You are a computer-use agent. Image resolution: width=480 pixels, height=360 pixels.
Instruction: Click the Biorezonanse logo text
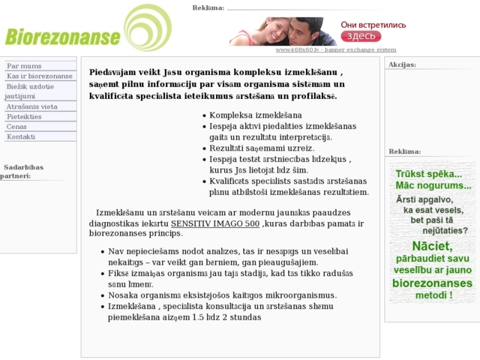[62, 37]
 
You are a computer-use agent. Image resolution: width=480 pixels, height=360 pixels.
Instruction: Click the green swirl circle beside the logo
[147, 27]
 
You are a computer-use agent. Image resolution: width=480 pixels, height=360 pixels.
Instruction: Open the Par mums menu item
[24, 66]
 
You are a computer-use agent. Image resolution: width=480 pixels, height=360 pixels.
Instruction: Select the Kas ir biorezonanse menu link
[40, 76]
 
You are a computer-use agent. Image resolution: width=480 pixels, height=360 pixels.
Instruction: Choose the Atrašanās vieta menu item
[31, 107]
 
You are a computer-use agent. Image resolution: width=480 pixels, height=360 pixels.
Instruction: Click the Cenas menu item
[16, 127]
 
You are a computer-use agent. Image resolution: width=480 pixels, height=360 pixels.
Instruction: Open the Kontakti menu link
[21, 136]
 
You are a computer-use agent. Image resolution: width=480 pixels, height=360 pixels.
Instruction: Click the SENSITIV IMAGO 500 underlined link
[215, 223]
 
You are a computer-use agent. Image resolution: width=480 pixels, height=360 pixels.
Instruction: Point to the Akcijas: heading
[402, 64]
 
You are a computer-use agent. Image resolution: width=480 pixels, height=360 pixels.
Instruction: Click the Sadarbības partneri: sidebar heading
[22, 171]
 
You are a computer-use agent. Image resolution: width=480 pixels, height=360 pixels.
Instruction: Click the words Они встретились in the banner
[373, 24]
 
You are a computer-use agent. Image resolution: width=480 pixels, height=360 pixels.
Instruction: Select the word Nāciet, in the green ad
[432, 245]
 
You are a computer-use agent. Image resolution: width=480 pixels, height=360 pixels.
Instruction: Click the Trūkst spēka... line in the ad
[429, 173]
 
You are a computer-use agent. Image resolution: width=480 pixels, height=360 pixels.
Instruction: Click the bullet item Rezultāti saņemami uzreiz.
[261, 148]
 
